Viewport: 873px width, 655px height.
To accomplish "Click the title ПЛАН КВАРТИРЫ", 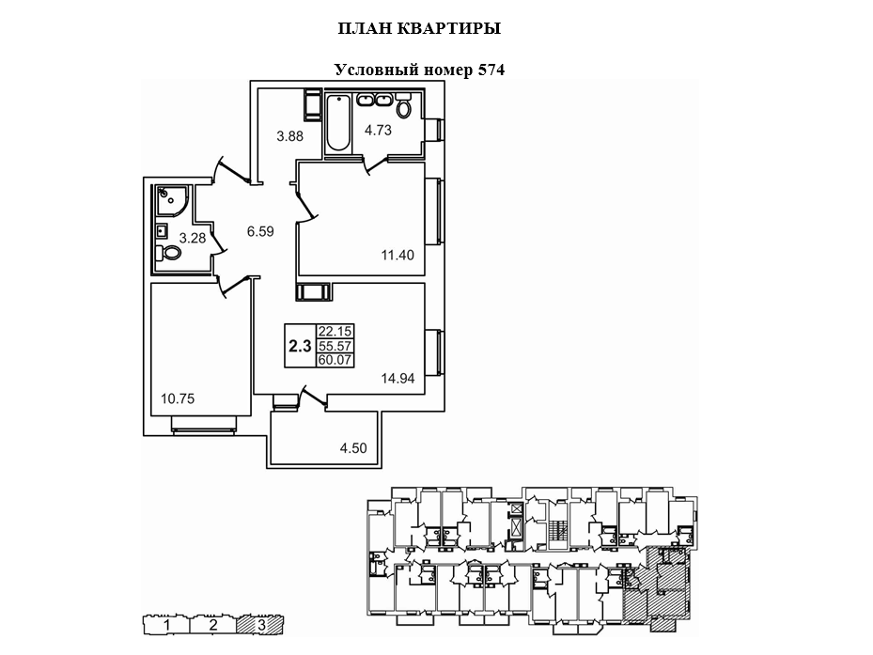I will [x=418, y=29].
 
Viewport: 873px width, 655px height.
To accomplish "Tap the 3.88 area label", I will [x=290, y=136].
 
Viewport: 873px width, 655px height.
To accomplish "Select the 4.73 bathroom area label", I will [x=379, y=131].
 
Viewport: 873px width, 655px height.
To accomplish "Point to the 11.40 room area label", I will [x=396, y=254].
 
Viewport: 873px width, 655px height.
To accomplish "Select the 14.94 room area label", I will [x=398, y=380].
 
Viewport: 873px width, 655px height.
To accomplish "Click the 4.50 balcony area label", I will [x=353, y=447].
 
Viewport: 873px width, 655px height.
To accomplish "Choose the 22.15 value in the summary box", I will [x=334, y=332].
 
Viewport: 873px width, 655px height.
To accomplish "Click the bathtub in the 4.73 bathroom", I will [x=337, y=123].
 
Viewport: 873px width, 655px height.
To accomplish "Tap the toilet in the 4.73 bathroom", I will [x=404, y=108].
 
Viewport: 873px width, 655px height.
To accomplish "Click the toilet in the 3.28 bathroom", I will [x=170, y=253].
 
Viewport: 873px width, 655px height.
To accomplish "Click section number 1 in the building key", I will [x=165, y=624].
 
